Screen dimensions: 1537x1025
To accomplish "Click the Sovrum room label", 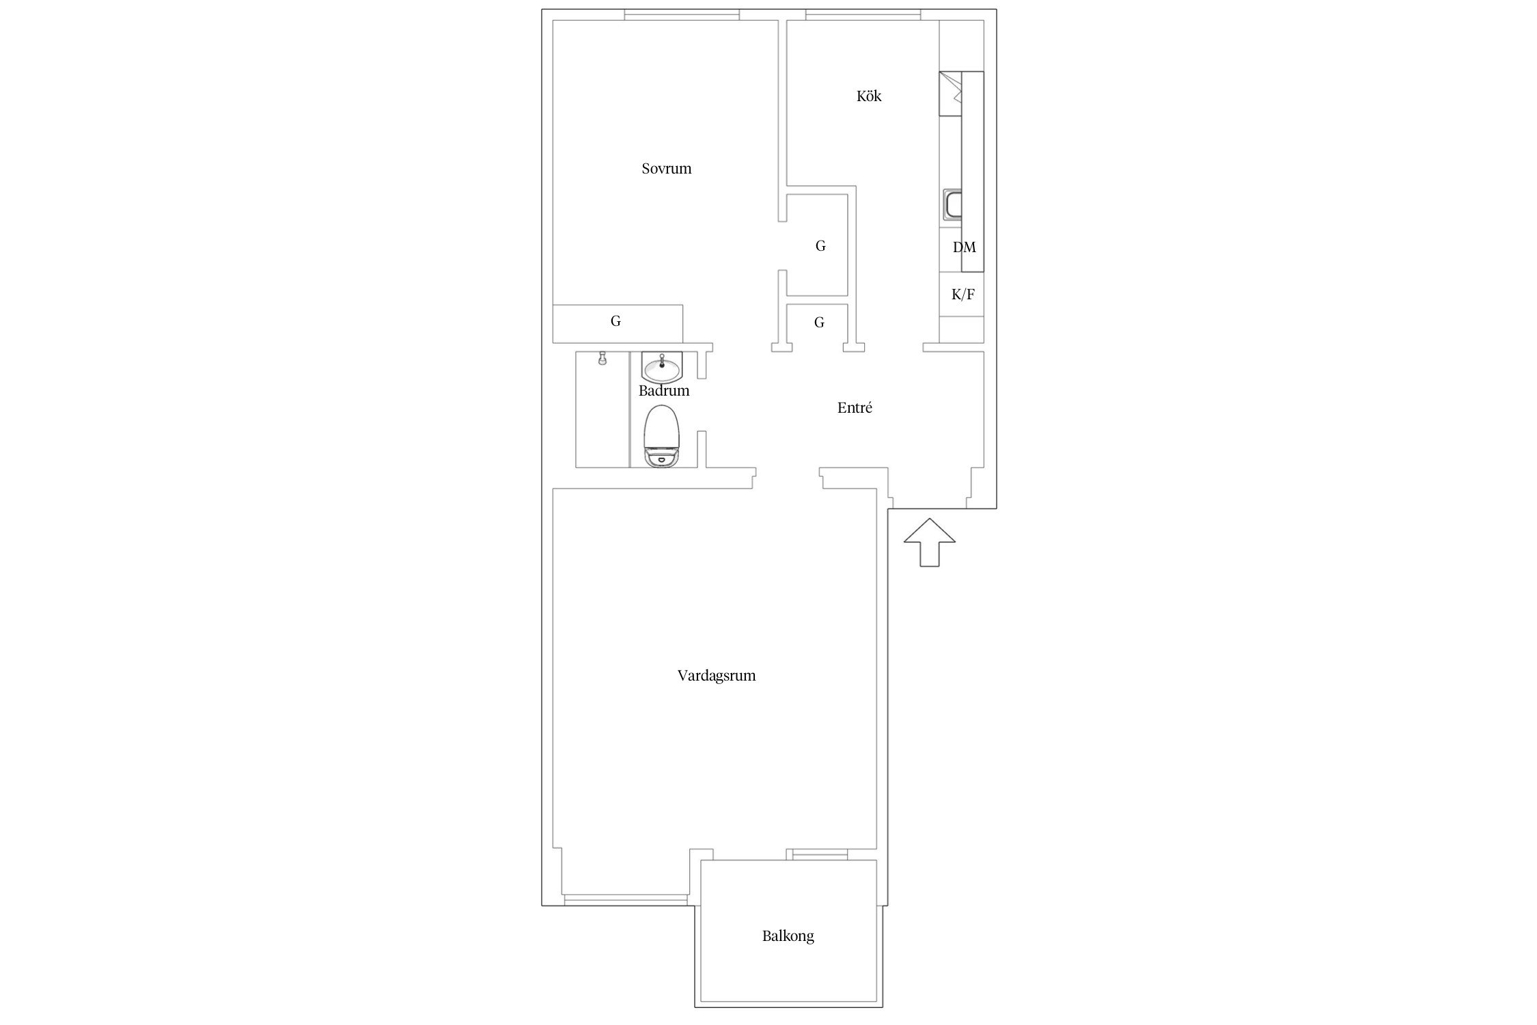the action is click(666, 169).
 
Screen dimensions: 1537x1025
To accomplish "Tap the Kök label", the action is click(869, 96).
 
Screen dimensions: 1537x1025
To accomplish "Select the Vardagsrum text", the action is click(717, 676).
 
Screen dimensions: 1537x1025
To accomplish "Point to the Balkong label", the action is click(788, 936).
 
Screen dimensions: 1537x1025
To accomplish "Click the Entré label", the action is click(855, 408).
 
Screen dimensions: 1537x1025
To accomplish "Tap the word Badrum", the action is click(664, 391).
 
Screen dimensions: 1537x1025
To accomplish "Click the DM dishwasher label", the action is click(965, 247).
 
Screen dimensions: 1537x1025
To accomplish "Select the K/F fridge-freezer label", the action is click(963, 295).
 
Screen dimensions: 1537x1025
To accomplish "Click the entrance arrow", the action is click(929, 542).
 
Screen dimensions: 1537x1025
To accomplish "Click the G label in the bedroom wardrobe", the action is click(615, 321).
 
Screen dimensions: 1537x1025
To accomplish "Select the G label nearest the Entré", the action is click(820, 323).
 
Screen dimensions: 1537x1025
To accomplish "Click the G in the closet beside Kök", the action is click(820, 246).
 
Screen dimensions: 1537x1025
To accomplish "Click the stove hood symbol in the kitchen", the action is click(951, 93).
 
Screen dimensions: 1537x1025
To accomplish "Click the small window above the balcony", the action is click(817, 854).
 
